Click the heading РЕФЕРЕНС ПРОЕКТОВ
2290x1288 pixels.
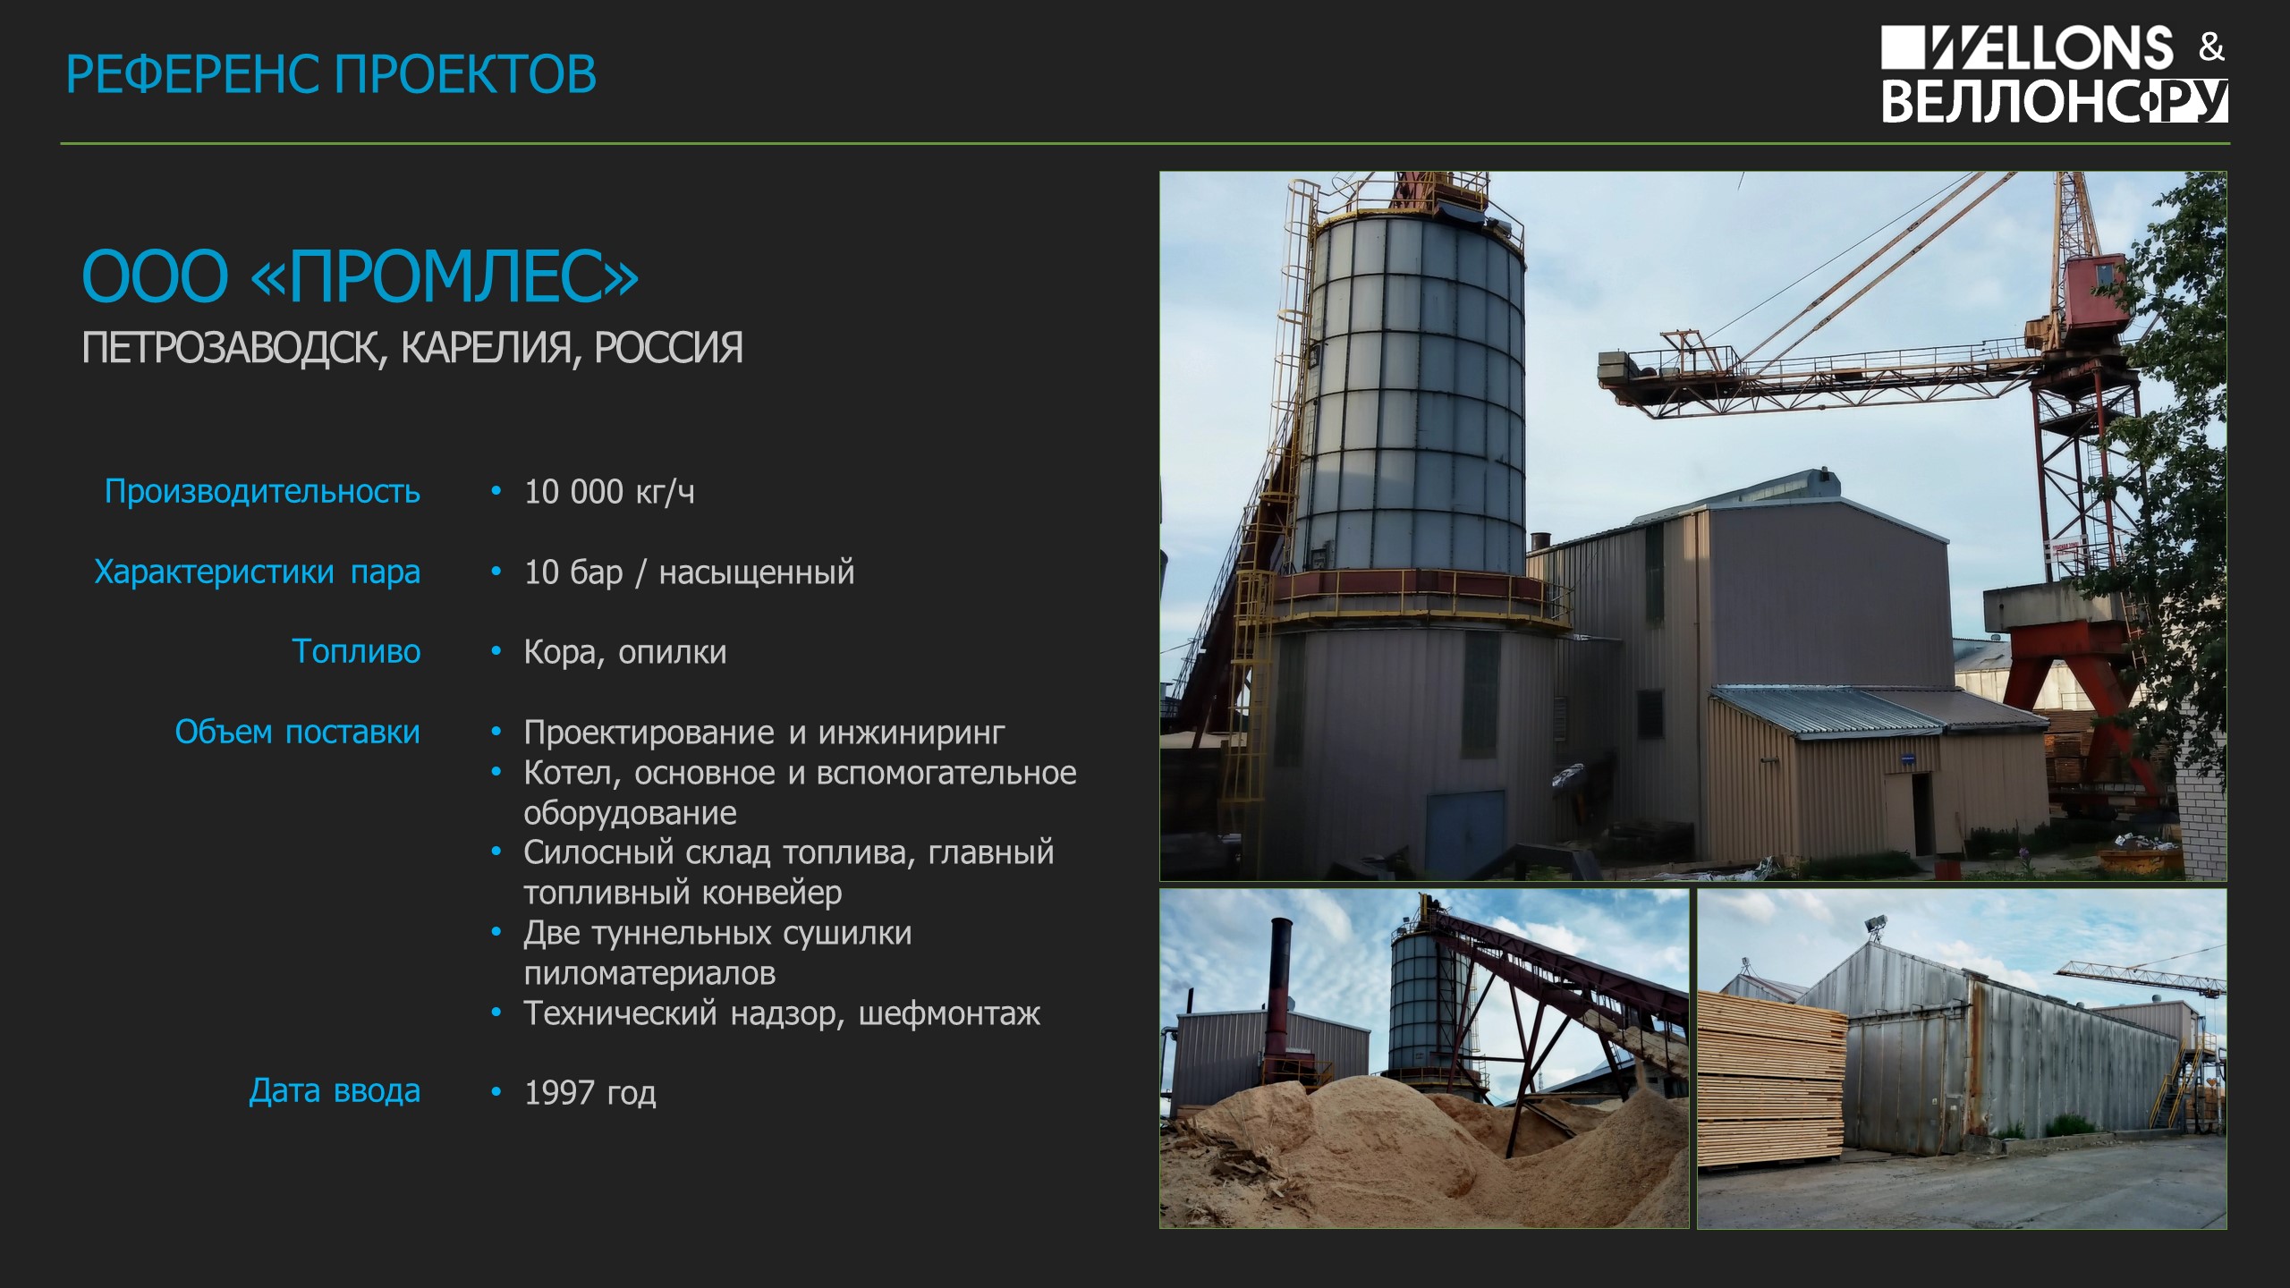click(x=331, y=74)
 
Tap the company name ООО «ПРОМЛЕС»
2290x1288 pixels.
click(x=360, y=276)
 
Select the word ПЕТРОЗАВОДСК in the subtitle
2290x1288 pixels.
click(x=234, y=349)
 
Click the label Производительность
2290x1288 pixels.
click(x=262, y=492)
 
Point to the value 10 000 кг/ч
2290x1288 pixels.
click(x=609, y=492)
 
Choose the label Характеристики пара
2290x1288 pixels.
click(x=258, y=572)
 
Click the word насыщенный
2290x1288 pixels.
click(x=757, y=572)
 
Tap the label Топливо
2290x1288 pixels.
click(x=356, y=652)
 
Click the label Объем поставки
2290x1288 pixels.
click(x=298, y=733)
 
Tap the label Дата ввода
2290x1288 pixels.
click(x=335, y=1092)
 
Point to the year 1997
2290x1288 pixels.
click(x=560, y=1093)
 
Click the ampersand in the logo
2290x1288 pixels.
click(x=2211, y=47)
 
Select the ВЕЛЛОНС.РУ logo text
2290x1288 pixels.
click(x=2055, y=101)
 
